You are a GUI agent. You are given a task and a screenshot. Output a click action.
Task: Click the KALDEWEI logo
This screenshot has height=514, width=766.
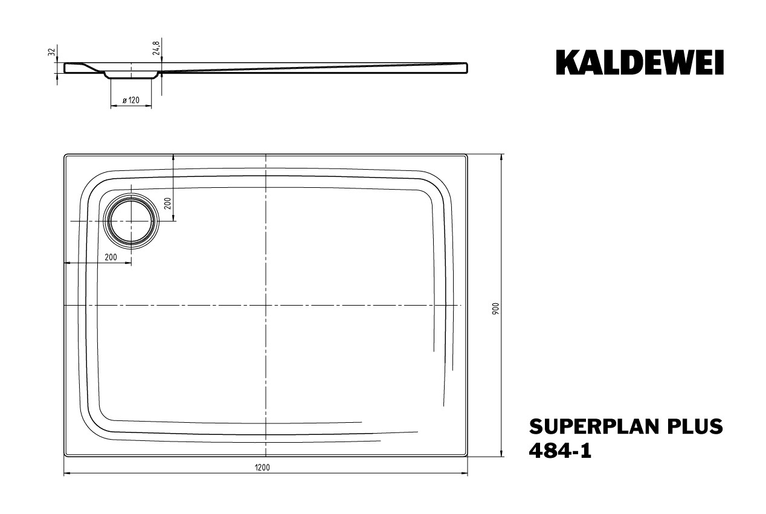tap(640, 62)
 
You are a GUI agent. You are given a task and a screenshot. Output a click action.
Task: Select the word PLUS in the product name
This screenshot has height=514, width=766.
tap(690, 426)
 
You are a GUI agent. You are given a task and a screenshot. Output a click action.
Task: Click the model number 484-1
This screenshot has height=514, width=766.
tap(560, 451)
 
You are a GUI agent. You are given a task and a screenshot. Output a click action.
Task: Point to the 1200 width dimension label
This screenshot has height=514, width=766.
tap(262, 467)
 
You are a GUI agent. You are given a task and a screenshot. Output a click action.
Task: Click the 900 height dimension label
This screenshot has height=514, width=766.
tap(496, 309)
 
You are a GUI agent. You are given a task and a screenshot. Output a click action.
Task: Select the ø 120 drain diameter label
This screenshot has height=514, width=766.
tap(131, 100)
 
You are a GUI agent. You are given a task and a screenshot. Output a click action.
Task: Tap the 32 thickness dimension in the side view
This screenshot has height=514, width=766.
tap(51, 52)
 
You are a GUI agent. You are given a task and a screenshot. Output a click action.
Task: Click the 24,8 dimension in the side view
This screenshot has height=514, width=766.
tap(156, 48)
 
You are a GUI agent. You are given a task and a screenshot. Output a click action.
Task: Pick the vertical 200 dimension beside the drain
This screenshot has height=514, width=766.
tap(167, 204)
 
